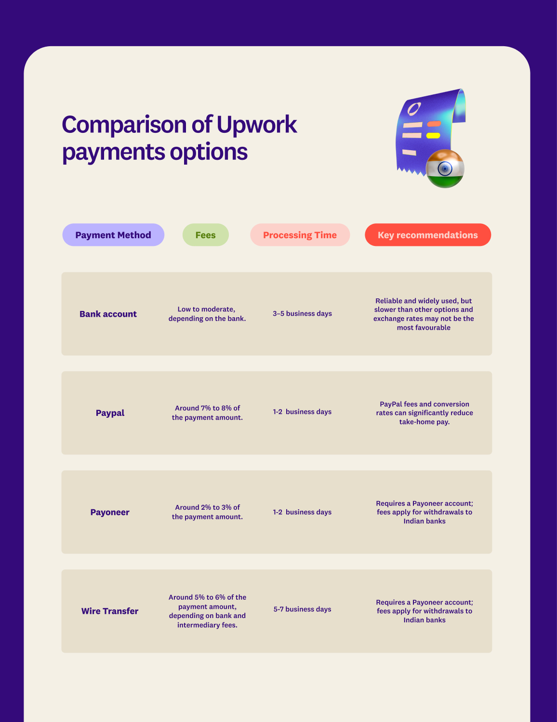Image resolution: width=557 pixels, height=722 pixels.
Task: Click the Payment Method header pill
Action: (113, 235)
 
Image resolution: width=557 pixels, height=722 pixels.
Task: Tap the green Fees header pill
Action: (205, 235)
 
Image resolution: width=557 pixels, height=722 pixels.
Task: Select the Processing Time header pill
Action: (300, 235)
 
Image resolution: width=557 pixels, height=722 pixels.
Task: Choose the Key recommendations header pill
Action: (428, 235)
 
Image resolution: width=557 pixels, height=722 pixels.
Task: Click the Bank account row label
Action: (108, 314)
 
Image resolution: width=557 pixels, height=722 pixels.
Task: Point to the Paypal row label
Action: (110, 413)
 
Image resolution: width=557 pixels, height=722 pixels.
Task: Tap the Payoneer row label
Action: (110, 512)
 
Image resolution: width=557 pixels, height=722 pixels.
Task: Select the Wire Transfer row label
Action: (110, 611)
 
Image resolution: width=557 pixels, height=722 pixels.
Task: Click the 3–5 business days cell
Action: (302, 314)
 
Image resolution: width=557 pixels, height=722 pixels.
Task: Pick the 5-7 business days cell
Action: (302, 609)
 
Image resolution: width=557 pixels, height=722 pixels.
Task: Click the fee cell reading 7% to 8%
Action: (207, 413)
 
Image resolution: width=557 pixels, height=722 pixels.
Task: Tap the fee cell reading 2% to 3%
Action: (207, 512)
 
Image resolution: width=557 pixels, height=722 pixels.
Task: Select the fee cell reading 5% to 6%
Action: (207, 611)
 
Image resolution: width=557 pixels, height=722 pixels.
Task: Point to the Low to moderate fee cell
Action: (207, 314)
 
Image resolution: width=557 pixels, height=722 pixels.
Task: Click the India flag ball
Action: (445, 168)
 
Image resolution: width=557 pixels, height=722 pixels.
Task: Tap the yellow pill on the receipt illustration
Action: (433, 136)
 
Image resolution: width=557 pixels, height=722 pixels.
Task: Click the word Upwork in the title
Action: (256, 125)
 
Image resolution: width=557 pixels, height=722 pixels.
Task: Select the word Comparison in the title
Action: (124, 125)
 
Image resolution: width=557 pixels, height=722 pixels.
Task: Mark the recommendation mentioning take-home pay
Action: (424, 413)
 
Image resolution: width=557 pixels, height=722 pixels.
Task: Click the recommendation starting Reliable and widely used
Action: (424, 314)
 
